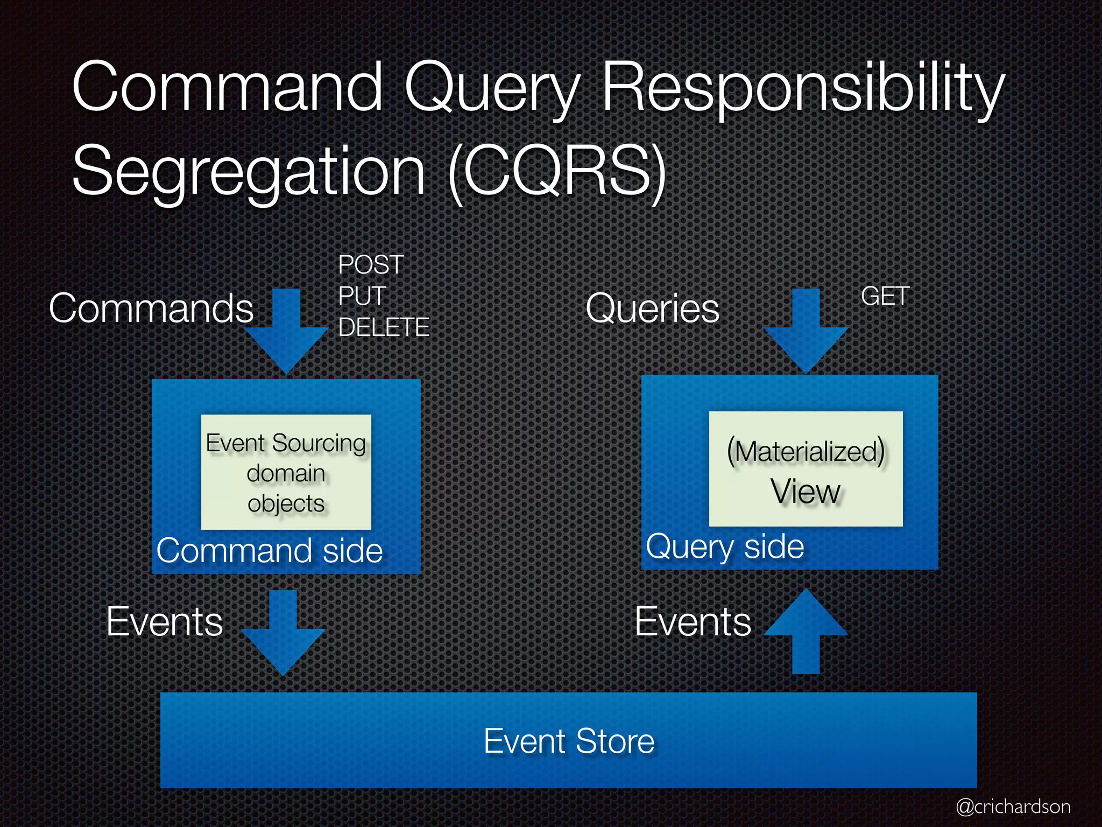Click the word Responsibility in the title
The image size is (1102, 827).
[x=802, y=89]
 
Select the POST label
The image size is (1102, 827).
[x=371, y=265]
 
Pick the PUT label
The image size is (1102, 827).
[x=362, y=296]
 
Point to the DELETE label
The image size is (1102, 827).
[x=384, y=327]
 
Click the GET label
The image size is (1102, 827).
[x=885, y=296]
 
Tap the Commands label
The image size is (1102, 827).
[x=151, y=309]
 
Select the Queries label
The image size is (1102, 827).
[x=652, y=309]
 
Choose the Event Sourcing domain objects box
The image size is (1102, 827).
[x=286, y=472]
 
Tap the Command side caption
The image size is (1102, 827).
[x=270, y=551]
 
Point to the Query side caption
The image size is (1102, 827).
[x=725, y=547]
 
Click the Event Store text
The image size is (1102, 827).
[x=569, y=741]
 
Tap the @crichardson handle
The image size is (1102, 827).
[x=1013, y=807]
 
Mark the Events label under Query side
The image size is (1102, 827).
[x=693, y=622]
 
